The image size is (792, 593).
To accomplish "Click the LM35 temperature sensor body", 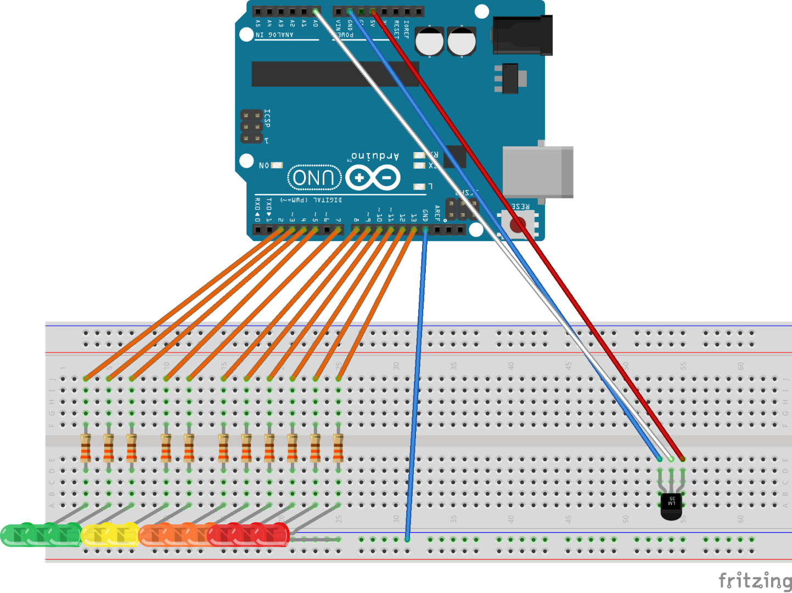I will pyautogui.click(x=671, y=506).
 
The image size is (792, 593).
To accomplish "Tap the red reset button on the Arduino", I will pyautogui.click(x=517, y=224).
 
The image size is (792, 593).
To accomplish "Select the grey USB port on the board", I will pyautogui.click(x=538, y=172).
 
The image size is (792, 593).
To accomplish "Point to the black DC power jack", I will pyautogui.click(x=522, y=36).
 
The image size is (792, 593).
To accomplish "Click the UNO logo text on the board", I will pyautogui.click(x=314, y=177).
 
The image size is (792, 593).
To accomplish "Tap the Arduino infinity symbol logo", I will pyautogui.click(x=373, y=178).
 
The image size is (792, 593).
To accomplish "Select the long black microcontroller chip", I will pyautogui.click(x=335, y=74).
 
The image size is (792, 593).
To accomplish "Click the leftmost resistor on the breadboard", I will pyautogui.click(x=86, y=447).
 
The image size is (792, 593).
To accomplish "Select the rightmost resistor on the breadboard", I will pyautogui.click(x=338, y=447).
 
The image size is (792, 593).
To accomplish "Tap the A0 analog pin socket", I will pyautogui.click(x=316, y=12).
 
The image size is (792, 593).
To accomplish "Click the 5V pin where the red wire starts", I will pyautogui.click(x=373, y=12).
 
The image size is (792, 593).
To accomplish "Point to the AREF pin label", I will pyautogui.click(x=437, y=212).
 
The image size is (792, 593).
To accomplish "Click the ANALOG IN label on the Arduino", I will pyautogui.click(x=274, y=35).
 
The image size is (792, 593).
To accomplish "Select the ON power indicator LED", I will pyautogui.click(x=277, y=165).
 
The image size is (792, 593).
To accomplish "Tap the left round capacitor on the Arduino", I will pyautogui.click(x=429, y=41).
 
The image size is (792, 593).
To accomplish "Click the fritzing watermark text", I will pyautogui.click(x=755, y=580).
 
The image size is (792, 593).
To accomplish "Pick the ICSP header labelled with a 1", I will pyautogui.click(x=251, y=127).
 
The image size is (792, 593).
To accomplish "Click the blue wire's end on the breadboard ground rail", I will pyautogui.click(x=407, y=539).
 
